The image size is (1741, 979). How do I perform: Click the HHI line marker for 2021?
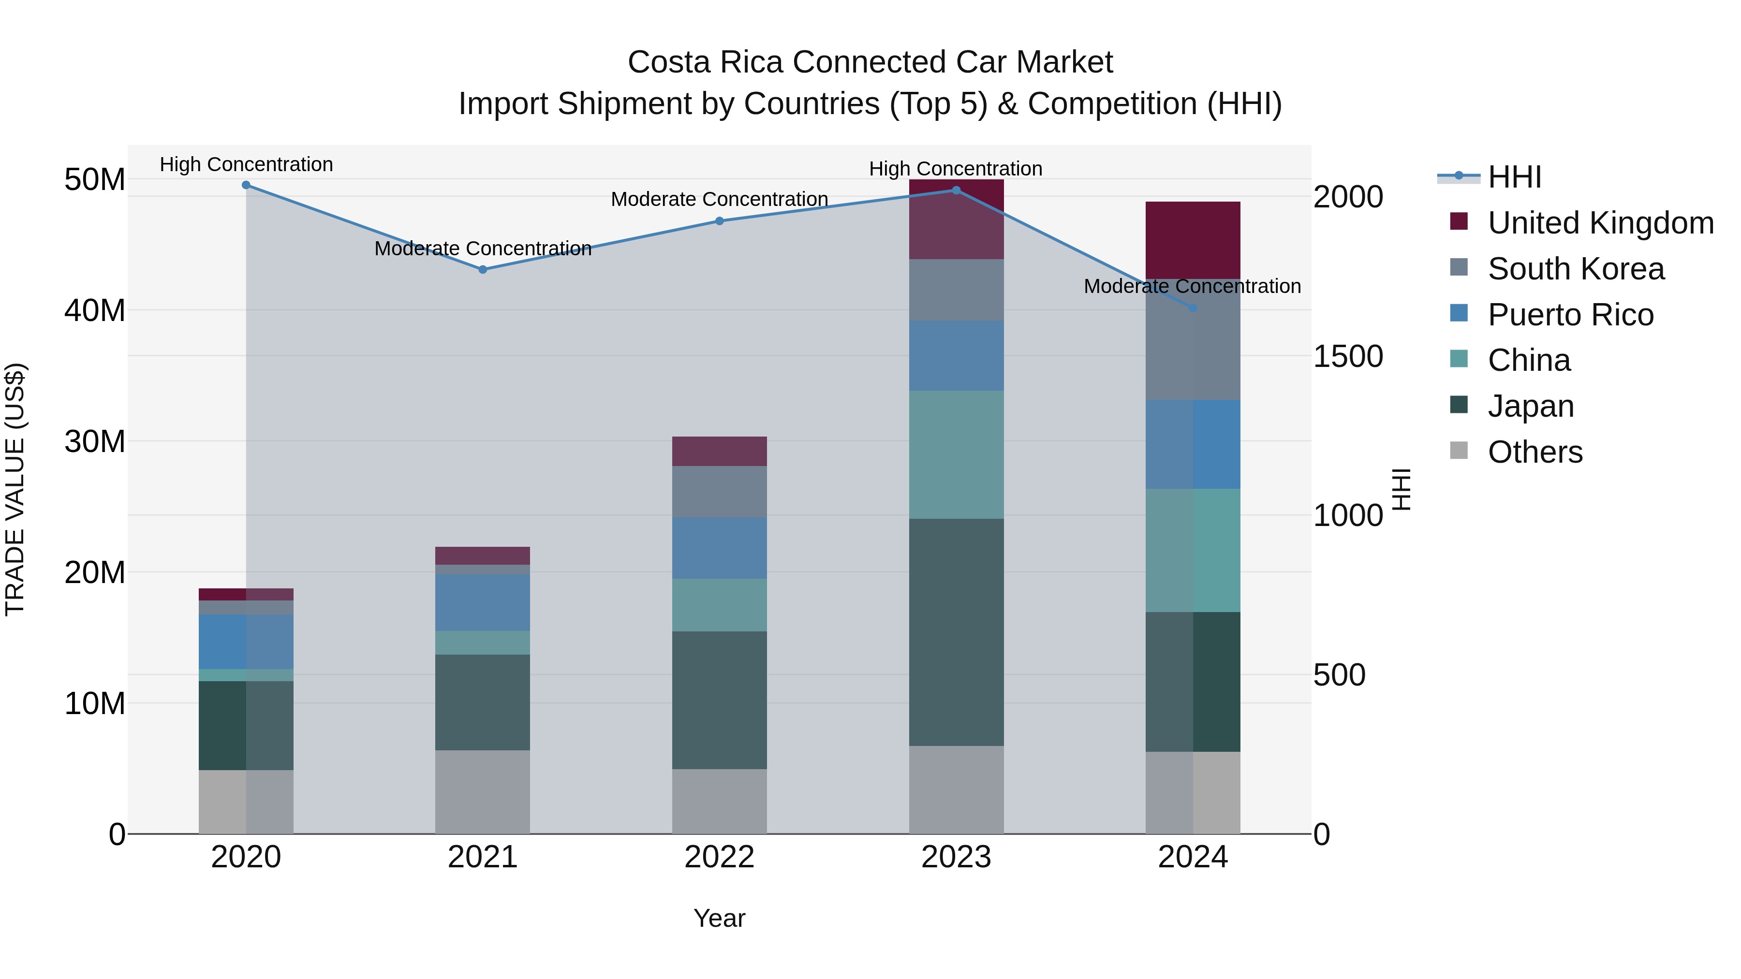coord(483,270)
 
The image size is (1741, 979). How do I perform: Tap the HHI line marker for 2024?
coord(1193,308)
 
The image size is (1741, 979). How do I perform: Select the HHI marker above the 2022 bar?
coord(719,221)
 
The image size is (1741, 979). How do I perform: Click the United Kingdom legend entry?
coord(1600,223)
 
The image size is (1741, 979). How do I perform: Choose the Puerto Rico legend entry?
coord(1570,315)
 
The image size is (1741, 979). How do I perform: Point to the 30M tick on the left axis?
coord(95,442)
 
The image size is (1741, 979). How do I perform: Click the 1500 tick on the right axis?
coord(1348,357)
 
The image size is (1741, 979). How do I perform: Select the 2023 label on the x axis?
coord(956,857)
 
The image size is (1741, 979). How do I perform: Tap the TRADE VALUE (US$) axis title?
coord(15,489)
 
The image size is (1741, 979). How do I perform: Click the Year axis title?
coord(719,918)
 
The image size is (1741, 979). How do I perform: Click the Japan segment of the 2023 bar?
coord(956,632)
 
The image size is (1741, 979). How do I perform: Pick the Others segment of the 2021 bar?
coord(483,792)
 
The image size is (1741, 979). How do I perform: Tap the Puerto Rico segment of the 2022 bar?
coord(719,548)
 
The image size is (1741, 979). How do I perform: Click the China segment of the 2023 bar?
coord(956,455)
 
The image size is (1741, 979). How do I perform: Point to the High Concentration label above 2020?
coord(246,165)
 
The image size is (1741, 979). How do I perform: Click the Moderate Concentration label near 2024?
coord(1192,287)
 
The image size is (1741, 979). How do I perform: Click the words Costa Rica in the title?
coord(706,63)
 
